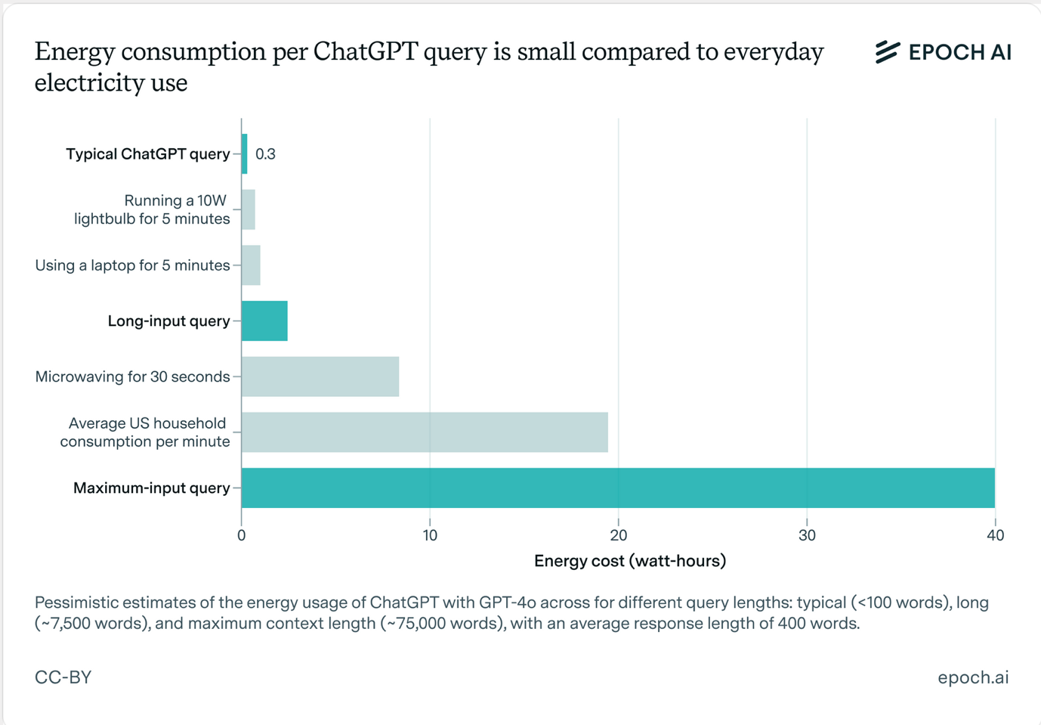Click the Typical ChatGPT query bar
coord(245,154)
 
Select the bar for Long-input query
coord(264,321)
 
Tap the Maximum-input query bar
coord(618,488)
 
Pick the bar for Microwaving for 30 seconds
coord(320,376)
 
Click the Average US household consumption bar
coord(425,432)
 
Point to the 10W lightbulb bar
coord(249,209)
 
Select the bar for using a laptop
coord(251,265)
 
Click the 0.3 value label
coord(265,154)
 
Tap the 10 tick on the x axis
coord(430,535)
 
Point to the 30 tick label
coord(807,535)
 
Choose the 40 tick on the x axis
coord(995,535)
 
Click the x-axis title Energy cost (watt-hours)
coord(630,561)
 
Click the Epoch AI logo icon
coord(888,52)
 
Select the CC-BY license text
coord(63,677)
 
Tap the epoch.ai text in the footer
coord(973,677)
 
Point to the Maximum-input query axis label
coord(151,488)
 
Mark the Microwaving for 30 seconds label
coord(132,376)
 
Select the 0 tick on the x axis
coord(242,535)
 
